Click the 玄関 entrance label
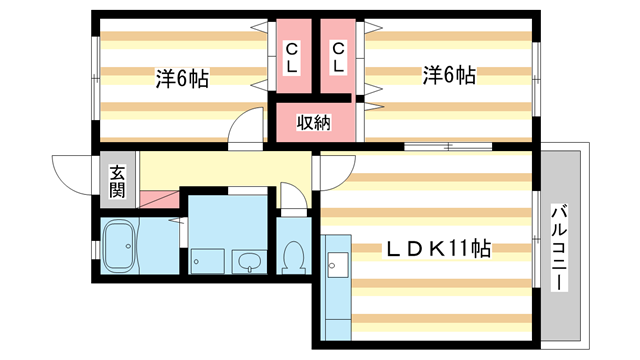click(117, 179)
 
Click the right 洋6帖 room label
click(447, 75)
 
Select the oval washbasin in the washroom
click(249, 263)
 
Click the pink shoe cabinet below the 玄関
click(155, 199)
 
